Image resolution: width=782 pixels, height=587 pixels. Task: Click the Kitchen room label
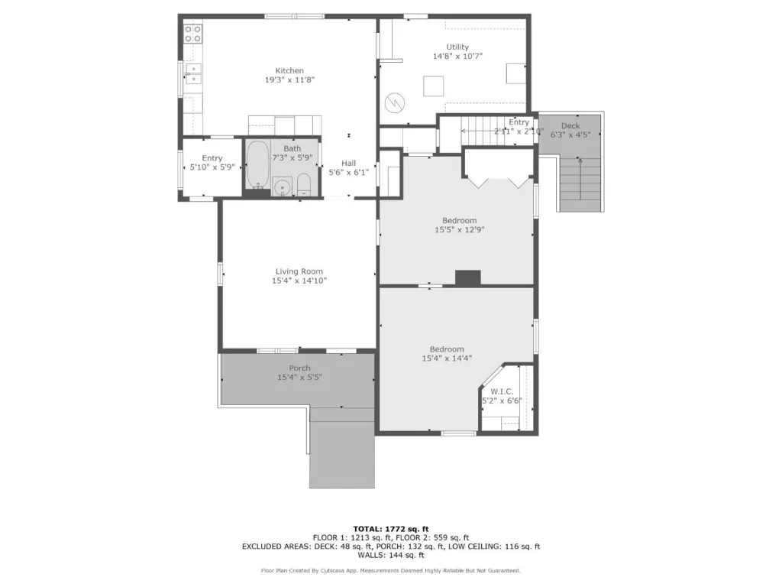(289, 71)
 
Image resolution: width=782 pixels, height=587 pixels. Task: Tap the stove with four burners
(193, 34)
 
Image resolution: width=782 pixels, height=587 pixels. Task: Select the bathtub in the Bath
(258, 164)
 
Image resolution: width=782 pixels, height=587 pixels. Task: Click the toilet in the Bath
(304, 185)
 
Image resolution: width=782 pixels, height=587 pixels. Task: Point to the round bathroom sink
(283, 188)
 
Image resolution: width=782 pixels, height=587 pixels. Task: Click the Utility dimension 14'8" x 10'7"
(457, 57)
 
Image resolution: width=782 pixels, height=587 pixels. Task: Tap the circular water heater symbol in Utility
(395, 103)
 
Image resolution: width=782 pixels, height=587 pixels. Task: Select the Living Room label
(299, 271)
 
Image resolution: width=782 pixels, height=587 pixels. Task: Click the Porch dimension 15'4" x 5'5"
(299, 378)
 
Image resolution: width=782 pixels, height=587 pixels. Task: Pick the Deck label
(570, 126)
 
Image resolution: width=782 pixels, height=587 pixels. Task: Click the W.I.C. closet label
(502, 392)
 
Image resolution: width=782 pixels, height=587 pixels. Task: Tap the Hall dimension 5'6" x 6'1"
(348, 172)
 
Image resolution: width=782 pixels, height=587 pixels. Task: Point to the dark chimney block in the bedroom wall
(468, 278)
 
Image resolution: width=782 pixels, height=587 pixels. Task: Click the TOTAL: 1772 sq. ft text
(391, 529)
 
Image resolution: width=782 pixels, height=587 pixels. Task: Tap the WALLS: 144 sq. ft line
(391, 555)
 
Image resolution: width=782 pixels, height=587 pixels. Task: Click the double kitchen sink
(193, 73)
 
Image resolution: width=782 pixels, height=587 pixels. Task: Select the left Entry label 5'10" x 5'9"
(212, 163)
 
